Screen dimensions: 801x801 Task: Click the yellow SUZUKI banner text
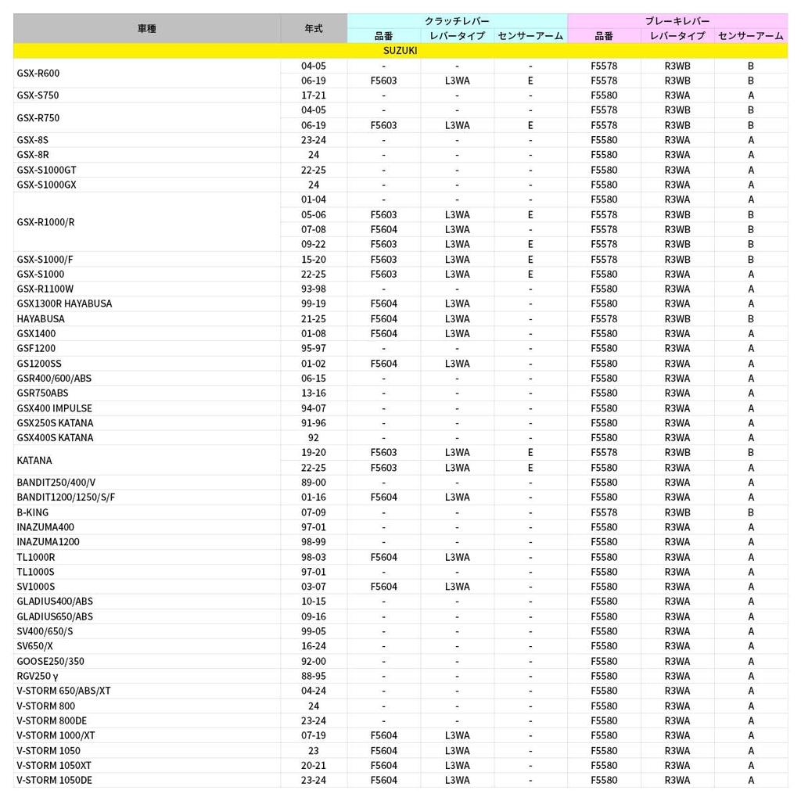coord(400,50)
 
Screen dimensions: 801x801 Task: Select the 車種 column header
coord(146,28)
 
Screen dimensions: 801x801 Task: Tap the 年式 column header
coord(313,28)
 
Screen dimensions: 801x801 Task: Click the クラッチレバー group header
coord(457,21)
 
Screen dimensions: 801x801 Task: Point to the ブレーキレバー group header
coord(677,21)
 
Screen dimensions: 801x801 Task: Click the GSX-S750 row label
coord(38,95)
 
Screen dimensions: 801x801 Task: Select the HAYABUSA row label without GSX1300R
coord(41,319)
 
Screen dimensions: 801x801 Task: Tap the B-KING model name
coord(33,512)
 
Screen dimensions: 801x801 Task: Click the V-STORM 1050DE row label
coord(55,780)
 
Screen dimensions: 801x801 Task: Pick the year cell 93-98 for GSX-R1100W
coord(313,289)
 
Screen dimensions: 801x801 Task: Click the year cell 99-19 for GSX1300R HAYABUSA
coord(313,304)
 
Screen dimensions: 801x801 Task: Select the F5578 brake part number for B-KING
coord(604,512)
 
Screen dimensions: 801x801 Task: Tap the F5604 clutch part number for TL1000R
coord(383,557)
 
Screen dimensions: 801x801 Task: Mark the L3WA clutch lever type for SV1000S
coord(457,587)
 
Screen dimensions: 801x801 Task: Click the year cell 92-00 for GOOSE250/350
coord(313,661)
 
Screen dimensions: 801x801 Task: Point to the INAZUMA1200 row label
coord(48,542)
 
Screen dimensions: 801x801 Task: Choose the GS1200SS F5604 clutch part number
coord(383,364)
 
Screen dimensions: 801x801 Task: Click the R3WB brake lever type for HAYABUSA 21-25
coord(677,319)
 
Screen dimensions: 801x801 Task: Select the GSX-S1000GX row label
coord(46,185)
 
